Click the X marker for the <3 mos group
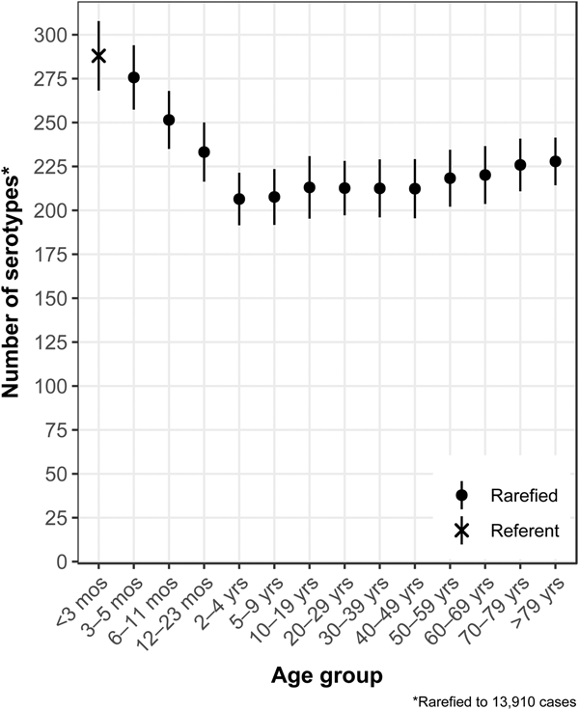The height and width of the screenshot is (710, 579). tap(98, 55)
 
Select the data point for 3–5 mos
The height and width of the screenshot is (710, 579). tap(134, 77)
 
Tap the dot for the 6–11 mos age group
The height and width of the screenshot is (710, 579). tap(169, 120)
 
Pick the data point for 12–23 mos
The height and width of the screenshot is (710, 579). tap(204, 151)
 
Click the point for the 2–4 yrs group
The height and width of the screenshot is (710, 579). tap(239, 199)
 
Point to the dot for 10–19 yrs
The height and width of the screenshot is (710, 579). tap(310, 187)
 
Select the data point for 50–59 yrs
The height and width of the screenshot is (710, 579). tap(450, 177)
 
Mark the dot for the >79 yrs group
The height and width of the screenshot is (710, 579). tap(555, 161)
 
